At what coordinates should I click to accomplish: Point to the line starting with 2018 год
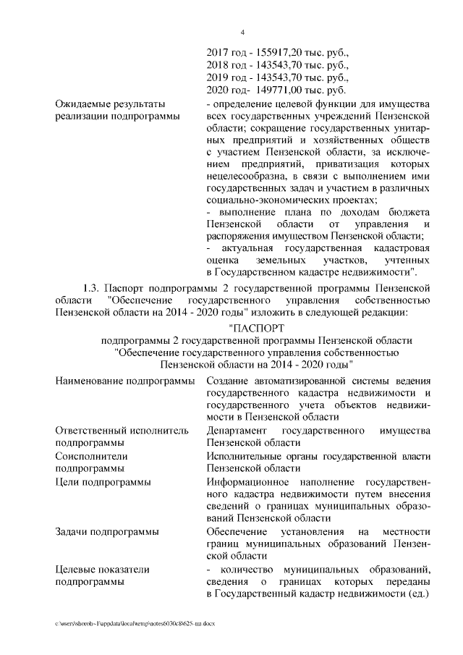pos(278,65)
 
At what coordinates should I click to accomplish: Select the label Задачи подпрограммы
pos(107,532)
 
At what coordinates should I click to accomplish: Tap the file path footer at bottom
pos(135,622)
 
